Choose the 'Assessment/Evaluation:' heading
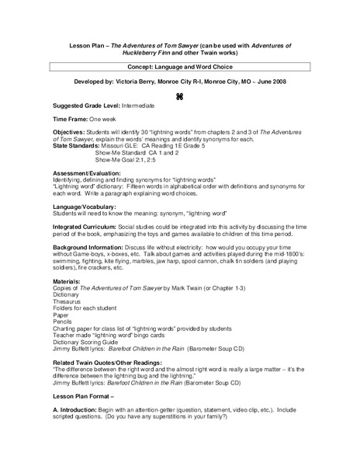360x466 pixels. pyautogui.click(x=90, y=193)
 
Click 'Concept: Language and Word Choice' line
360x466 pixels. pyautogui.click(x=180, y=68)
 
